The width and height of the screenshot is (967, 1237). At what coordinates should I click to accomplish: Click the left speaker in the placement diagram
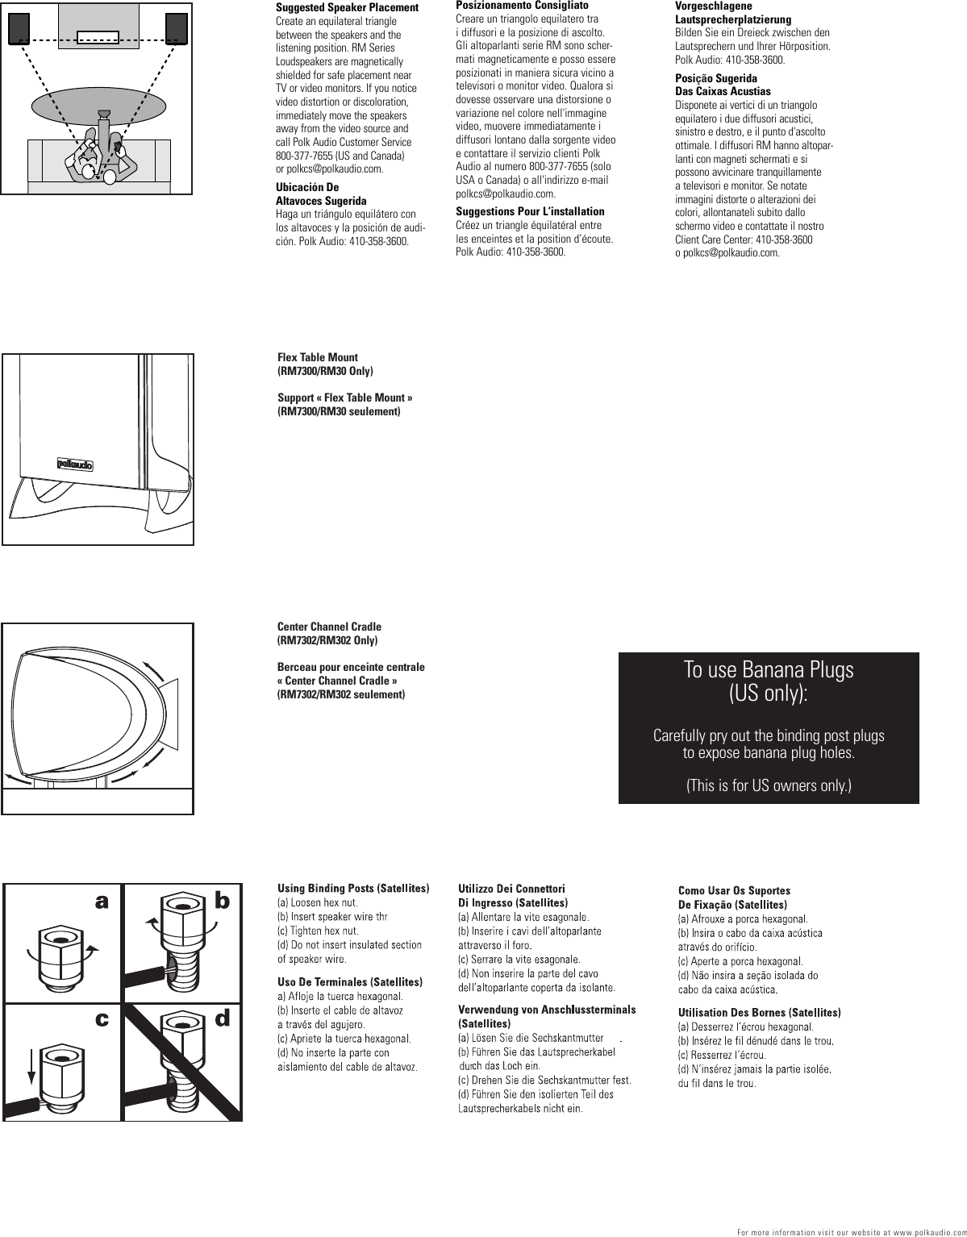click(20, 27)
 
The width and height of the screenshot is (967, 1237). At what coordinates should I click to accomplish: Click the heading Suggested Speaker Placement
click(348, 8)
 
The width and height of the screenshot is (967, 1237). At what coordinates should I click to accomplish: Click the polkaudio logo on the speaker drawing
click(75, 464)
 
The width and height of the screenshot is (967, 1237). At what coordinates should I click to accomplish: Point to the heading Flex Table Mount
click(318, 357)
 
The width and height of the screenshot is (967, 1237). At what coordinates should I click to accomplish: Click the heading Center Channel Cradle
click(329, 627)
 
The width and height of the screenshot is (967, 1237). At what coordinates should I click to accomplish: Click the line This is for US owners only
click(768, 786)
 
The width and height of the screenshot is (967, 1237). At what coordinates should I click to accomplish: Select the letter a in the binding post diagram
click(102, 903)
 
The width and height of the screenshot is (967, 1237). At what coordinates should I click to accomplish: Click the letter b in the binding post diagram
click(222, 903)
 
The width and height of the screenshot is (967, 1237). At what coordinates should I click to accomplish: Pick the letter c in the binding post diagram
click(102, 1019)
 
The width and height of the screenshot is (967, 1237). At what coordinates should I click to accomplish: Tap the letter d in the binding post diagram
click(222, 1019)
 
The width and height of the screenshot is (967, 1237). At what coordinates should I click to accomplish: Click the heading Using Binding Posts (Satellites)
click(353, 889)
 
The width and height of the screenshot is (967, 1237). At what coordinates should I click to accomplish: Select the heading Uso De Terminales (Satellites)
click(350, 982)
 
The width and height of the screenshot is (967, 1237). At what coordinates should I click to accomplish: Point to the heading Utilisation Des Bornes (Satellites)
click(760, 1012)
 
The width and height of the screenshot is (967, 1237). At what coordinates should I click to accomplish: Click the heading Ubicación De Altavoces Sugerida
click(321, 194)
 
